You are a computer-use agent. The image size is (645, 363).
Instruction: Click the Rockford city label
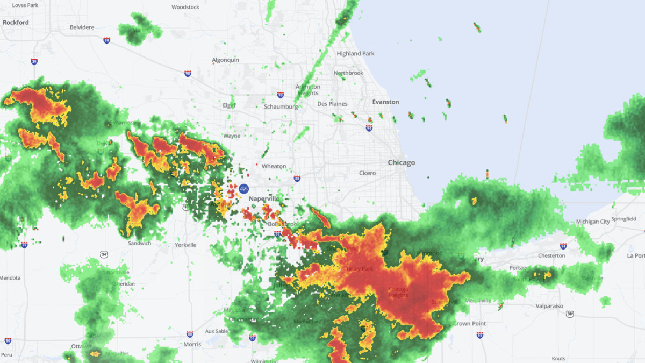coord(16,23)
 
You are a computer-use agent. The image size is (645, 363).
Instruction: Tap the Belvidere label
coord(82,27)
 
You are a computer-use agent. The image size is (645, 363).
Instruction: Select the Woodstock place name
coord(185,7)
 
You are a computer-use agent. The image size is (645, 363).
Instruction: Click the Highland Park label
coord(355,54)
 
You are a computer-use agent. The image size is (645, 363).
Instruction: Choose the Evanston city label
coord(386,102)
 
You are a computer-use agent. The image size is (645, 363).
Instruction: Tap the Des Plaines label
coord(332,104)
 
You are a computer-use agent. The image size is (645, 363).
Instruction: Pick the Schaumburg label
coord(281,106)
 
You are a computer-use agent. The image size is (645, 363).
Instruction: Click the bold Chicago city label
coord(402,162)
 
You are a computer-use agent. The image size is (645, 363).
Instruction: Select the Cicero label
coord(368,173)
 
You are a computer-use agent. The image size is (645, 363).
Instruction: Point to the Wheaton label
coord(274,167)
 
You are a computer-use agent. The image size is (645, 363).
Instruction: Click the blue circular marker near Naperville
coord(243,188)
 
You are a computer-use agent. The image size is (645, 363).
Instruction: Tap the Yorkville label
coord(185,245)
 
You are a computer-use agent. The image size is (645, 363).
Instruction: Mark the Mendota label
coord(10,278)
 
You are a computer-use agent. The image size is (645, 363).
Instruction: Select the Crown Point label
coord(469,323)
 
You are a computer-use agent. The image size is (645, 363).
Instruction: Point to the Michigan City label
coord(593,222)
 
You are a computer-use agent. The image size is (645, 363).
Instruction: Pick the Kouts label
coord(558,359)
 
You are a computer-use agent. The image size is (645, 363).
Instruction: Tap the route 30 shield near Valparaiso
coord(569,314)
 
